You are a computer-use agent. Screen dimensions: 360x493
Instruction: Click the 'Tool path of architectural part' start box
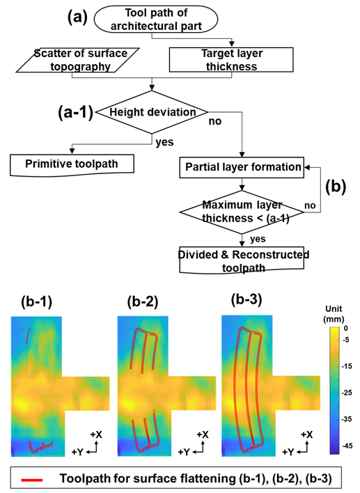pyautogui.click(x=156, y=19)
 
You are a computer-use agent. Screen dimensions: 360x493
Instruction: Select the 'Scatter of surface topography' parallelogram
pyautogui.click(x=78, y=60)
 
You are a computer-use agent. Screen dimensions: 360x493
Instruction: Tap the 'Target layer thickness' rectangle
pyautogui.click(x=231, y=60)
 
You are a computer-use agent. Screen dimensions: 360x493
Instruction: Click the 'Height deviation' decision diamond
pyautogui.click(x=152, y=112)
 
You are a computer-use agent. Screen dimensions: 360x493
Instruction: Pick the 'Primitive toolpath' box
pyautogui.click(x=72, y=164)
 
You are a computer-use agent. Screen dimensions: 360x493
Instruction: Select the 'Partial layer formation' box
pyautogui.click(x=242, y=167)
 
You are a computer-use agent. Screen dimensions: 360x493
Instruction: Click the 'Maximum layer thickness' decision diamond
pyautogui.click(x=242, y=212)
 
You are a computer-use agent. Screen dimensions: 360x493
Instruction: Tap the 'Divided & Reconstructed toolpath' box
pyautogui.click(x=242, y=260)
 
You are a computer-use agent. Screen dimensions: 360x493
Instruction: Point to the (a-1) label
pyautogui.click(x=75, y=111)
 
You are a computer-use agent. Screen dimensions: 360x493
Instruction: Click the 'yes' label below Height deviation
pyautogui.click(x=164, y=142)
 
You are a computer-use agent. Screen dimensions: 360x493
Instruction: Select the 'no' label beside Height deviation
pyautogui.click(x=215, y=121)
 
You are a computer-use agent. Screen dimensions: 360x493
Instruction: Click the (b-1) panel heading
pyautogui.click(x=36, y=302)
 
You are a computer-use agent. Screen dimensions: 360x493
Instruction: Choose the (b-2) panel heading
pyautogui.click(x=143, y=302)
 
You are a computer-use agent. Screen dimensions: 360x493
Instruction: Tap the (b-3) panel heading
pyautogui.click(x=246, y=299)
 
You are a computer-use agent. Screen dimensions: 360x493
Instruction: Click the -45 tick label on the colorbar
pyautogui.click(x=347, y=446)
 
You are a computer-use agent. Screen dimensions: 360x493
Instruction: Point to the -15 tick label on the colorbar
pyautogui.click(x=347, y=366)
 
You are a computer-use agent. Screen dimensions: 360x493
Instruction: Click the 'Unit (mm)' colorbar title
pyautogui.click(x=334, y=314)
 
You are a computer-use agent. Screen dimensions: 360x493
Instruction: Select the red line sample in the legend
pyautogui.click(x=32, y=480)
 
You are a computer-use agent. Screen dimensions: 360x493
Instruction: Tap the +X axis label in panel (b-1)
pyautogui.click(x=96, y=435)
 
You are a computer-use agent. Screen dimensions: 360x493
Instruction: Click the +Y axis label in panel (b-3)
pyautogui.click(x=289, y=452)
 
